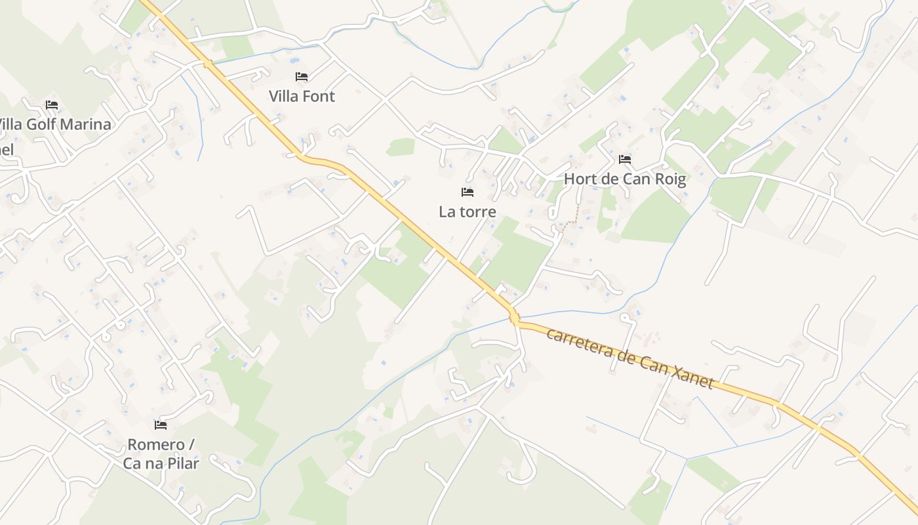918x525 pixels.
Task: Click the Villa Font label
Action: coord(302,96)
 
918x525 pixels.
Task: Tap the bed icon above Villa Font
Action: coord(302,77)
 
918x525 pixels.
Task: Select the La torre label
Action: coord(468,212)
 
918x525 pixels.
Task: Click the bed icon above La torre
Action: coord(468,192)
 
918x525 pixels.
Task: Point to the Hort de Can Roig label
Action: coord(625,179)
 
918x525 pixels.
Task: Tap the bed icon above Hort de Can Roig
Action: coord(625,159)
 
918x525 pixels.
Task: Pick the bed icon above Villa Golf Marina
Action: coord(52,105)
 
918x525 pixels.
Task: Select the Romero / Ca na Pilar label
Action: coord(161,453)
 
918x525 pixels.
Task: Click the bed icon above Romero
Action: coord(161,425)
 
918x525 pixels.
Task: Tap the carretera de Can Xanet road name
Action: coord(629,358)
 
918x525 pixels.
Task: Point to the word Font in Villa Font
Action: coord(320,96)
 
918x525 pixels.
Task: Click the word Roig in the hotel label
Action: coord(670,179)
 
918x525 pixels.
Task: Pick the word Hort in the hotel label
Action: coord(578,179)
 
